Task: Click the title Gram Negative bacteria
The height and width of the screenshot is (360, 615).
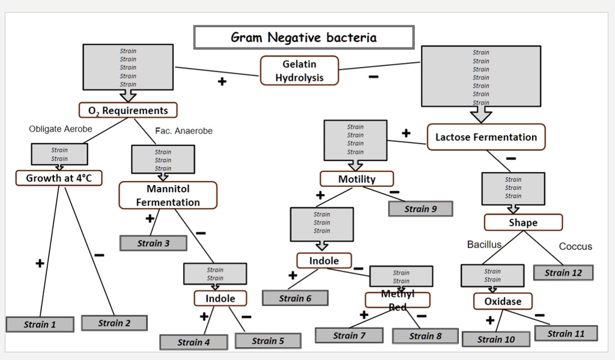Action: point(303,37)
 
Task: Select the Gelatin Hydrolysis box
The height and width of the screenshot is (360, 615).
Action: point(299,70)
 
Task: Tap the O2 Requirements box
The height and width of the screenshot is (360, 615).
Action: point(128,110)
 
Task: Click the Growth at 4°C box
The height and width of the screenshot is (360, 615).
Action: point(59,178)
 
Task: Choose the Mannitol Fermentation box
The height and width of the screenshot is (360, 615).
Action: point(168,195)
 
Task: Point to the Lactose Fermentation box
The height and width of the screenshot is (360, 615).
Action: point(486,137)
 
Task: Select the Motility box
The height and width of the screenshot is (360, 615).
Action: point(357,179)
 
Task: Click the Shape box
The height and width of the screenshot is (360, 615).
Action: point(523,222)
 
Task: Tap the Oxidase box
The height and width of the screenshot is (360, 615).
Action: point(503,301)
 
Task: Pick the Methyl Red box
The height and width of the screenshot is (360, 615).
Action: point(397,300)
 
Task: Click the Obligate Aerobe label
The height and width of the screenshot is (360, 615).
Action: point(61,129)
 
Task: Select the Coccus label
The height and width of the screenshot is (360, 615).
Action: point(575,246)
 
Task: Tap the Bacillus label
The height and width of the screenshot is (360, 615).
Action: point(484,245)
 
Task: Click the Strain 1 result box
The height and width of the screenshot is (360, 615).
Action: point(40,325)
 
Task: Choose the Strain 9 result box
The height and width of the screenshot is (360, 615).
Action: point(420,209)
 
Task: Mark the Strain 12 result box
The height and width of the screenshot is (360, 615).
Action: point(563,273)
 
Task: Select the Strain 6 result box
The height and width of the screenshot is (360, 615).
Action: point(295,298)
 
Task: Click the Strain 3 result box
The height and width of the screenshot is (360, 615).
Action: point(153,243)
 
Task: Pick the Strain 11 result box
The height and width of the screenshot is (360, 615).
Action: point(566,334)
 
